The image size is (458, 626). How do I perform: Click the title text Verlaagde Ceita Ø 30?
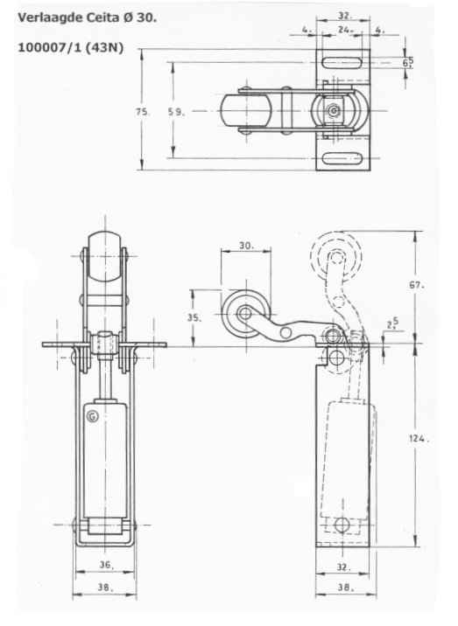click(x=87, y=17)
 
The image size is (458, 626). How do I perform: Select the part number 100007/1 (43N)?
click(x=70, y=47)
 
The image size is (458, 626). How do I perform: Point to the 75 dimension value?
click(x=142, y=112)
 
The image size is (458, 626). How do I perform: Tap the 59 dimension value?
click(x=176, y=112)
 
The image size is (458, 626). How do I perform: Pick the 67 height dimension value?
click(x=416, y=285)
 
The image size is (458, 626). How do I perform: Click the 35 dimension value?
click(x=194, y=317)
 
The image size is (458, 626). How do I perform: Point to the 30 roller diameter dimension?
click(x=246, y=246)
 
